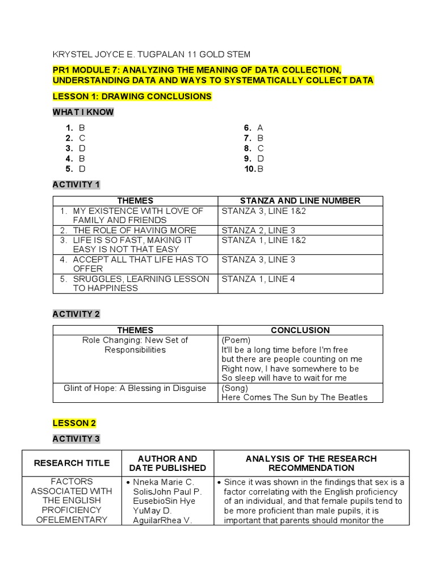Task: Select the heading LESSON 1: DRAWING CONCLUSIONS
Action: click(132, 96)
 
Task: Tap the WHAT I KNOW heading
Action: click(83, 112)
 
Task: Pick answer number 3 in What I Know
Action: click(76, 149)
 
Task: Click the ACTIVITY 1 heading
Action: click(76, 184)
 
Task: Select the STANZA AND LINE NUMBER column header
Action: click(300, 201)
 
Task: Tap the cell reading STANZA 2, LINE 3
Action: click(258, 230)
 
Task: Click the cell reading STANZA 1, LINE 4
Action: click(258, 279)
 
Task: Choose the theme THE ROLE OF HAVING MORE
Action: click(135, 230)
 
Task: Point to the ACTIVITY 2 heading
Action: click(76, 314)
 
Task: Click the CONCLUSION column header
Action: click(300, 330)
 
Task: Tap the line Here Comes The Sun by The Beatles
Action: click(294, 398)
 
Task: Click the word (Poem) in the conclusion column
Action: click(236, 340)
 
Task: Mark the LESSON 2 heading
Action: click(74, 423)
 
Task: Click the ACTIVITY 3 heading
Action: click(76, 439)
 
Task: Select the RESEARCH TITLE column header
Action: click(72, 463)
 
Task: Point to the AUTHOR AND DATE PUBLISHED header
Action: click(167, 463)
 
